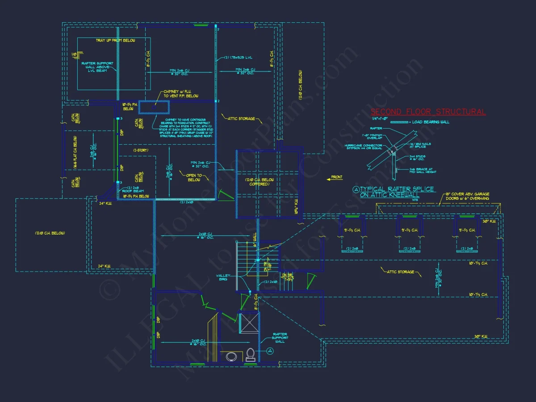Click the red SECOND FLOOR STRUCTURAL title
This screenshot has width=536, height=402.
click(428, 112)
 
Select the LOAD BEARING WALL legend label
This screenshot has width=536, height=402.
click(431, 122)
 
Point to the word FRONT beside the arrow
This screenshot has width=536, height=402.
click(337, 178)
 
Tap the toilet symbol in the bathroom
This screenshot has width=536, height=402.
click(251, 354)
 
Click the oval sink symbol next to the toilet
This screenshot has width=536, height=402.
click(232, 356)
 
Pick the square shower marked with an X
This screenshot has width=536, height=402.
click(249, 323)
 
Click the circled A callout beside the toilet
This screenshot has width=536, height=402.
click(270, 351)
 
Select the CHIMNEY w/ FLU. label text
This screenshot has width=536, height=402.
click(179, 94)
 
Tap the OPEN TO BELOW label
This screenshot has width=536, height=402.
click(194, 177)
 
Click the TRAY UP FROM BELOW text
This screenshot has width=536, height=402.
click(113, 41)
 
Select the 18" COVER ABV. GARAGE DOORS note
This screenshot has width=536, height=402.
click(467, 196)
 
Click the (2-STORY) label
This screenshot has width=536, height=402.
click(141, 150)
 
